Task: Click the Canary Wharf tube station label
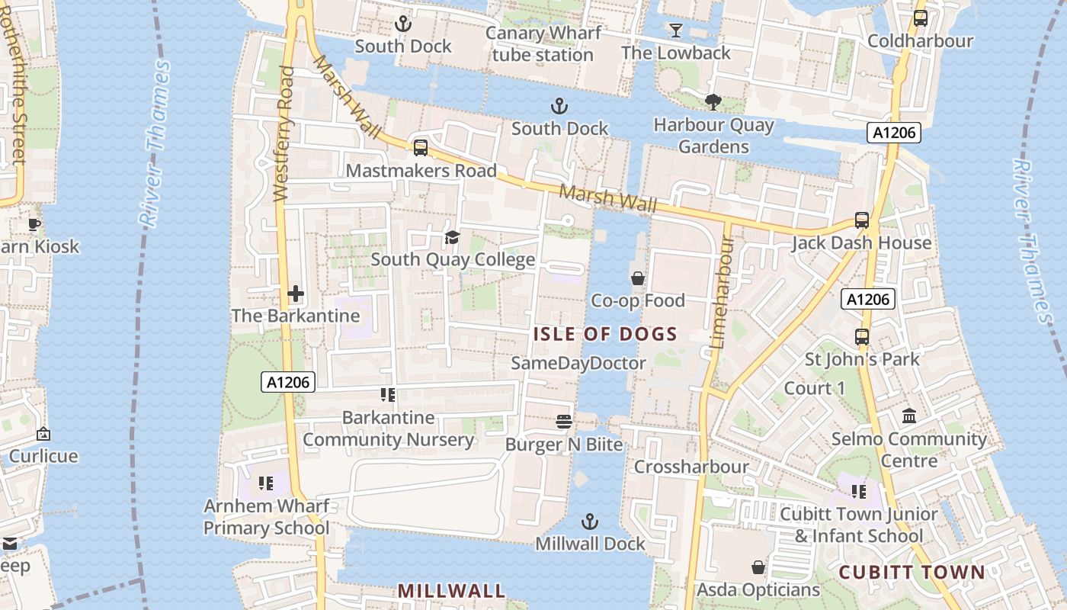point(543,44)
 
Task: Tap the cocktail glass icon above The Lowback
point(675,30)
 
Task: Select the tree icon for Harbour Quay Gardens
point(713,101)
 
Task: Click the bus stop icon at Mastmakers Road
point(420,148)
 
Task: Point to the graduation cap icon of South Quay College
point(452,237)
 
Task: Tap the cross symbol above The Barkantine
point(296,293)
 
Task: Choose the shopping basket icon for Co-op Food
point(638,278)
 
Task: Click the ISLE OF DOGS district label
point(605,334)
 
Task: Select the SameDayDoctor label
point(578,363)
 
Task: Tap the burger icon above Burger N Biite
point(564,422)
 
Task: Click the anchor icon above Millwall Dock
point(589,522)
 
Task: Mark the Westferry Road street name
point(284,134)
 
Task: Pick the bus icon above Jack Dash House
point(861,220)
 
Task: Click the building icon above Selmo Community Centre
point(908,416)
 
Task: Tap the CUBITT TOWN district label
point(912,572)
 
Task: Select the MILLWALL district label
point(451,591)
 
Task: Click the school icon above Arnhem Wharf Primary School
point(265,483)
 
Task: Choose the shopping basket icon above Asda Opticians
point(758,567)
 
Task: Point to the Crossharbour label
point(691,467)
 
